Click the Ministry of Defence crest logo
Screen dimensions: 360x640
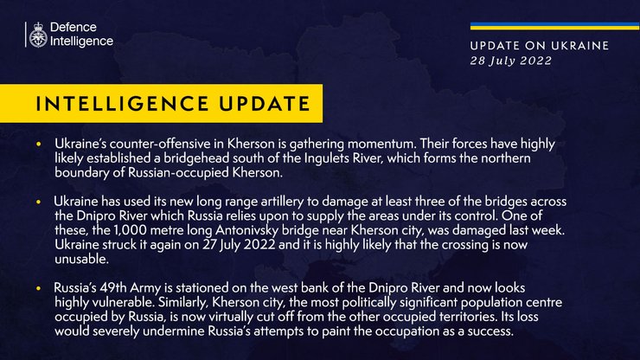(x=38, y=35)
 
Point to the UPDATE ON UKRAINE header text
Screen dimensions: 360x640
(x=539, y=46)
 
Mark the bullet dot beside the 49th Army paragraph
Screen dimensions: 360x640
(x=38, y=286)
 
